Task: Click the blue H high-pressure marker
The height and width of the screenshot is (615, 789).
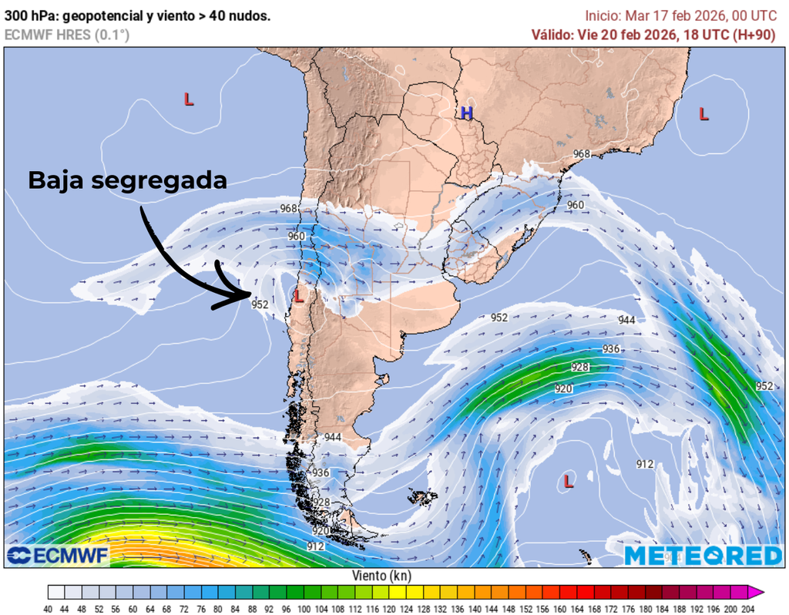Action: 466,113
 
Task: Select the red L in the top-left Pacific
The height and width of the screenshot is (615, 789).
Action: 188,99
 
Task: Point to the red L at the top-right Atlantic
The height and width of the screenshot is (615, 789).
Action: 703,114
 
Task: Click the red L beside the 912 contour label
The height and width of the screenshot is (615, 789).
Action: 569,482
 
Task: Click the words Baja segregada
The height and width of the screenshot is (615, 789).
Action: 127,180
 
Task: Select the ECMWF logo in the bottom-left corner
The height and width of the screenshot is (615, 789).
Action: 58,555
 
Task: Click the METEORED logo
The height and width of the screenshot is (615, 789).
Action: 702,555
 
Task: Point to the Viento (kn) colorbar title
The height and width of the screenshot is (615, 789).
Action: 381,576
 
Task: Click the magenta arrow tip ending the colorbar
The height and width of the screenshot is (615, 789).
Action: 760,592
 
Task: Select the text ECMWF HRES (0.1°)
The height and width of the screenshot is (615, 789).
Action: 67,35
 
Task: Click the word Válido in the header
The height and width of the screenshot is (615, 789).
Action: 552,35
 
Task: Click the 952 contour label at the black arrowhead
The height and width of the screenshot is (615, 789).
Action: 260,305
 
